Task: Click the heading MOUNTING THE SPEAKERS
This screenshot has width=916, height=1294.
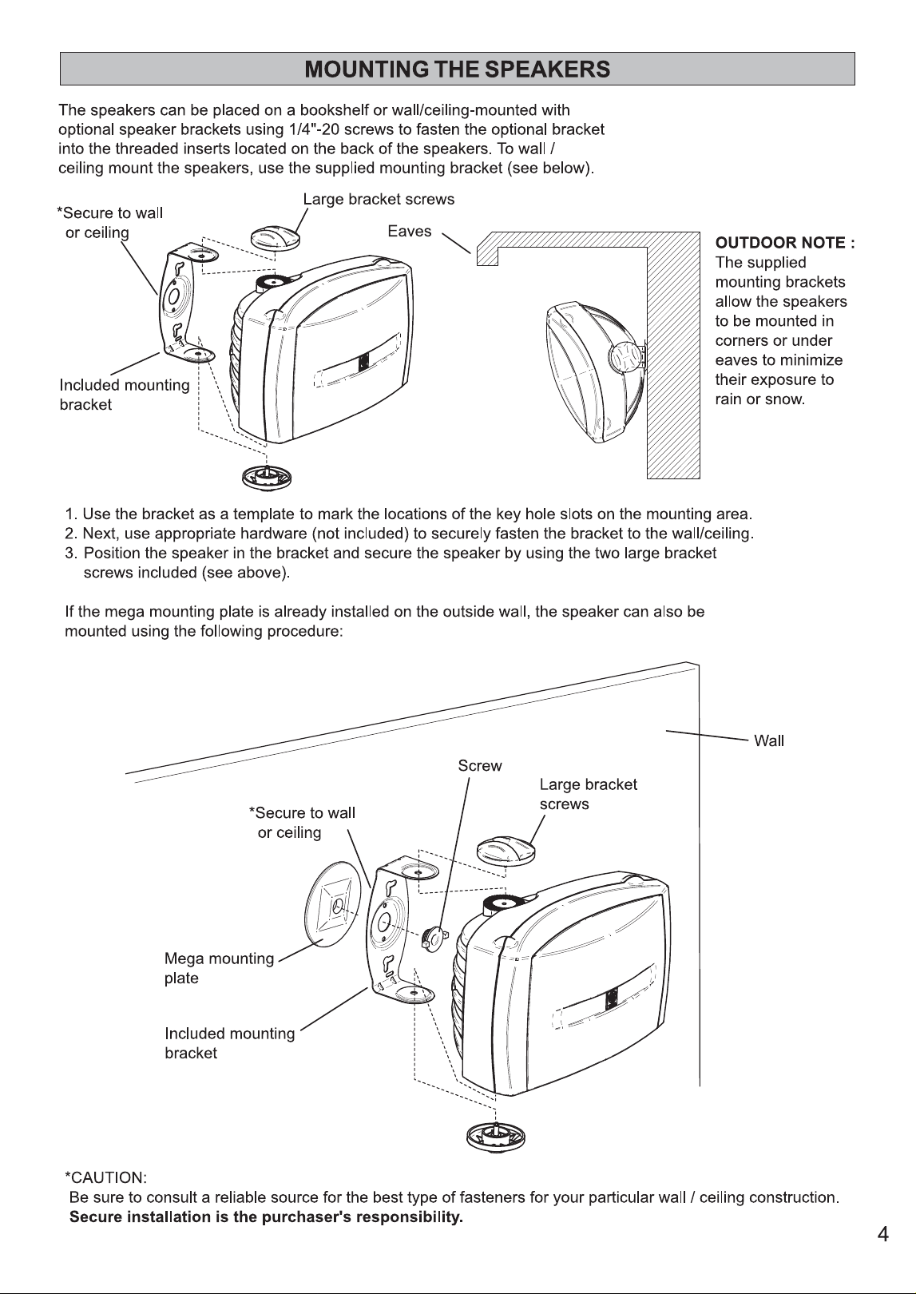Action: tap(457, 69)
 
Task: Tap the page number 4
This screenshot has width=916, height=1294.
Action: tap(882, 1234)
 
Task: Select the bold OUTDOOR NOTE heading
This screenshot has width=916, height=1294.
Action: tap(785, 243)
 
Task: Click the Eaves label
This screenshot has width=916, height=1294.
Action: tap(410, 231)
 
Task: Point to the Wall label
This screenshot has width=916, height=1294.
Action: tap(769, 740)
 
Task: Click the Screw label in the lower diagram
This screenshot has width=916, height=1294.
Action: tap(480, 765)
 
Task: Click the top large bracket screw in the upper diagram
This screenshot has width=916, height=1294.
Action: tap(275, 237)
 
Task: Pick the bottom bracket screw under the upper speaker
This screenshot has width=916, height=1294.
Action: tap(267, 477)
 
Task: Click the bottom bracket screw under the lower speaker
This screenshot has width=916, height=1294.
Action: tap(496, 1137)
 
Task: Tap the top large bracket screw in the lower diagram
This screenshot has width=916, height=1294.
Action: tap(506, 851)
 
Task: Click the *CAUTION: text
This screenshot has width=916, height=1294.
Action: tap(105, 1177)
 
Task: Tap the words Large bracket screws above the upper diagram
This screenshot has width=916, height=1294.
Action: tap(379, 200)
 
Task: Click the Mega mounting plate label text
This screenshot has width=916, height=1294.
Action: tap(219, 968)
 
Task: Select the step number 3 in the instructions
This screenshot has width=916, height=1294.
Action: tap(70, 554)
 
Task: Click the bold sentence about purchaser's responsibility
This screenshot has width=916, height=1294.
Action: tap(266, 1217)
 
